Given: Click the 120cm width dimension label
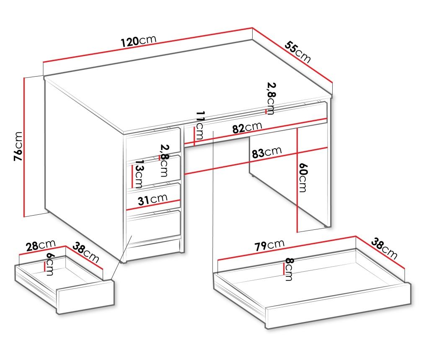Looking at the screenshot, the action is pos(139,41).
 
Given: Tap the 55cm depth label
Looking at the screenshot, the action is pos(298,51).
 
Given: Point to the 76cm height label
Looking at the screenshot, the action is pos(18,146).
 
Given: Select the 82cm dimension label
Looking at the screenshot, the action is pos(247,127).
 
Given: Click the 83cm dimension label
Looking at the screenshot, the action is pos(267,152).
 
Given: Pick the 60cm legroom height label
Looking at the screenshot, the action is pos(303,177).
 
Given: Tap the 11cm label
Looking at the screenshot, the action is pos(200,126).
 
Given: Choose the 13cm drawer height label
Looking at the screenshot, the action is pos(139,174).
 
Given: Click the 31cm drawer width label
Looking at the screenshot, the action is pos(152,200).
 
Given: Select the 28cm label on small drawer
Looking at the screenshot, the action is pos(41,245).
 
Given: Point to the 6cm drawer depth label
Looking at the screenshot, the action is pos(50,264).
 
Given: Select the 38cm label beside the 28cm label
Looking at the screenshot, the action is pos(85,252).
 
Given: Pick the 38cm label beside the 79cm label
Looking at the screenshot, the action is pos(384,249).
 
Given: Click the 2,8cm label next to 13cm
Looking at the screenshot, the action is pos(164,160).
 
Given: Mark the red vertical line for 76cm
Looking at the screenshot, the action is pos(24,147).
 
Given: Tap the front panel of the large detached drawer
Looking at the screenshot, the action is pos(338,305).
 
